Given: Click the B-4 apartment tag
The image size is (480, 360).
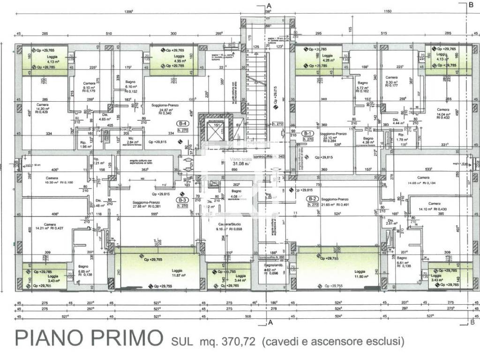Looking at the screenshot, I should [181, 123].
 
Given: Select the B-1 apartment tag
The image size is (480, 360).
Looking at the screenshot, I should [307, 133].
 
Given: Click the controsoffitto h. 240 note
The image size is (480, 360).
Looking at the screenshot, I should [269, 157].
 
